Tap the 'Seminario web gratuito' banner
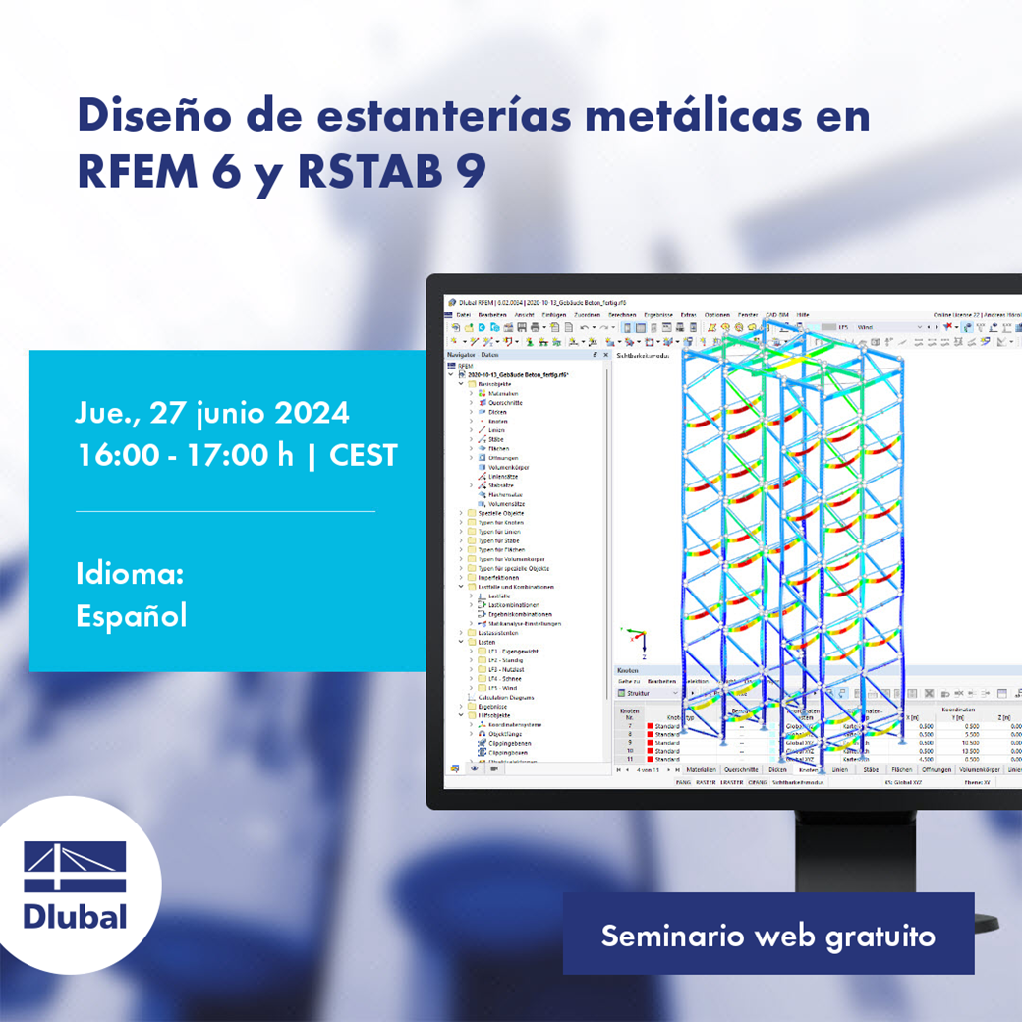point(767,935)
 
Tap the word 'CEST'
point(363,455)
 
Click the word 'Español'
point(131,615)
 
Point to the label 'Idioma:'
point(130,574)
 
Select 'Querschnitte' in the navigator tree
point(507,402)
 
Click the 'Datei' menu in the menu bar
point(463,314)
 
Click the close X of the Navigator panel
point(605,355)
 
